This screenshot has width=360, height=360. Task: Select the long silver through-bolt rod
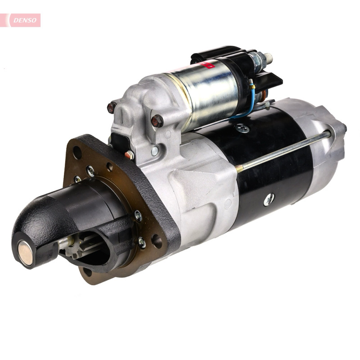pyautogui.click(x=283, y=152)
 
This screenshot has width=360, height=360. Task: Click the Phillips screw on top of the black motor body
pyautogui.click(x=242, y=128)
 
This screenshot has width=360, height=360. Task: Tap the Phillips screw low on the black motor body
pyautogui.click(x=269, y=200)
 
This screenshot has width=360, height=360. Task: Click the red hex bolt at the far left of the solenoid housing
pyautogui.click(x=112, y=107)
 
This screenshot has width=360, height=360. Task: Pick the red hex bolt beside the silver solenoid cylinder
pyautogui.click(x=157, y=121)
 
